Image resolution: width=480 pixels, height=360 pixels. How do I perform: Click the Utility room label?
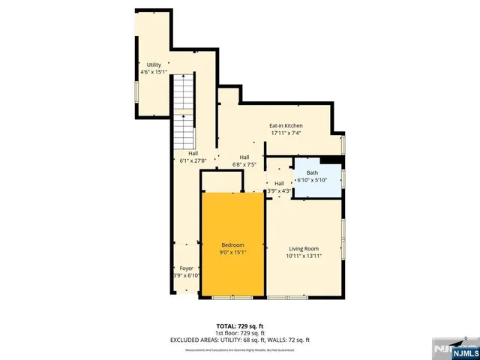point(154,65)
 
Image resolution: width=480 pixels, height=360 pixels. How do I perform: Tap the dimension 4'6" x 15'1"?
point(154,73)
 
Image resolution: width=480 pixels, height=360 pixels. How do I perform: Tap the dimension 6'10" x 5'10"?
point(312,180)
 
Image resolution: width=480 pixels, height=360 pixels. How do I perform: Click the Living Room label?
point(304,248)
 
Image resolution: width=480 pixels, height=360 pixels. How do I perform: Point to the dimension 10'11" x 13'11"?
point(304,256)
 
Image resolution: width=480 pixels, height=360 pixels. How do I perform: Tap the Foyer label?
point(185,268)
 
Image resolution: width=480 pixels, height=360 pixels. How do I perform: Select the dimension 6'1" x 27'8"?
point(193,160)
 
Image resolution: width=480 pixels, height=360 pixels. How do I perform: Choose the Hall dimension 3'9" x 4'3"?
point(279,190)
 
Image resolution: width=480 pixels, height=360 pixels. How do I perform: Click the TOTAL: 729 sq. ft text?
point(240,325)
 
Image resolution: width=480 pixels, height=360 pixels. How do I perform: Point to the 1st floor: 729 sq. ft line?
point(240,332)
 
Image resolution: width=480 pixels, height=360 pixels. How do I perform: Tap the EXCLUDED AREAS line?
point(240,340)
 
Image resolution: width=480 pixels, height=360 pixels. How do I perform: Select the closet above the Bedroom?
point(221,182)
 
